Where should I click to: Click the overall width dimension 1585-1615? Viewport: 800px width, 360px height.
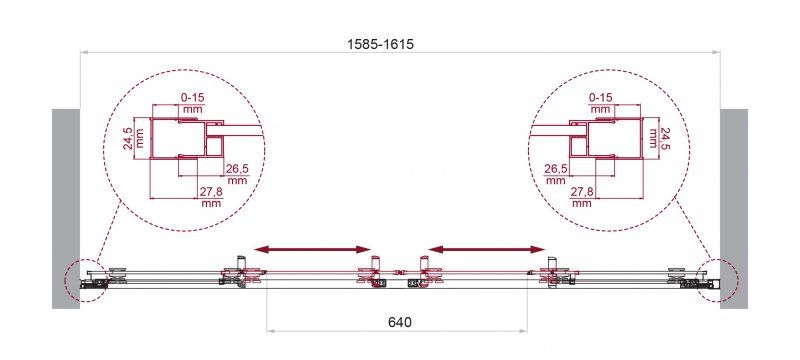[380, 44]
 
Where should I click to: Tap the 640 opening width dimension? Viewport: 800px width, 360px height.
[399, 322]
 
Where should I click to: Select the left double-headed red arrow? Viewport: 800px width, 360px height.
[312, 249]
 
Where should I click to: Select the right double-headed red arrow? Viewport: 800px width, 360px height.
[487, 249]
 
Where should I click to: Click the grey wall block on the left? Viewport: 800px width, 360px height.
[66, 209]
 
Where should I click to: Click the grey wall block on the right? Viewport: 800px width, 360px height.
[734, 209]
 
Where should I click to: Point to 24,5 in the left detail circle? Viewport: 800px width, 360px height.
[133, 139]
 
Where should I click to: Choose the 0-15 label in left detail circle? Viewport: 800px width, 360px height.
[191, 97]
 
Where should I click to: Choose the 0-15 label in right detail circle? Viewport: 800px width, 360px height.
[600, 97]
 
